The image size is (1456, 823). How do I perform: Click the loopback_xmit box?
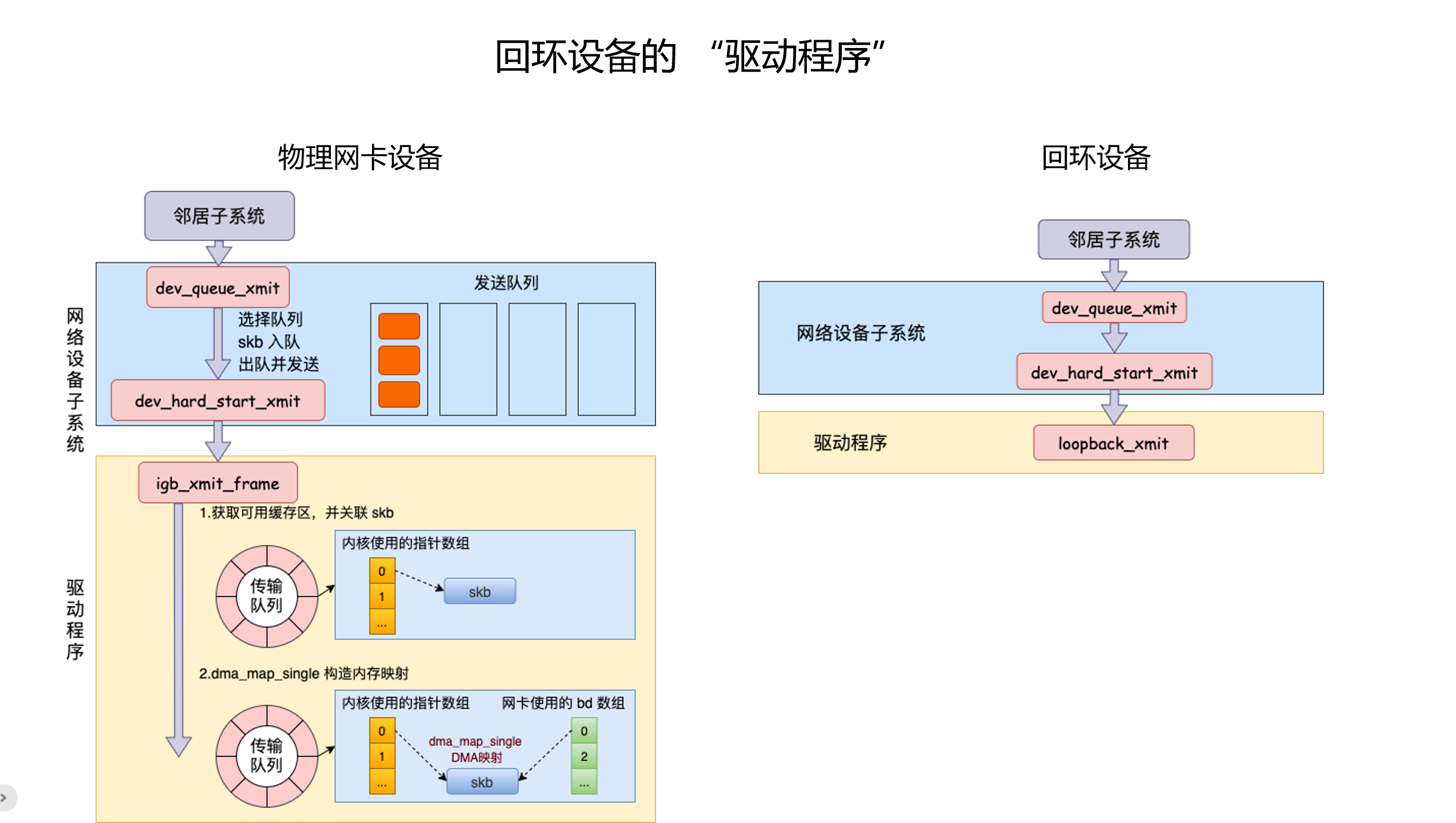pos(1113,443)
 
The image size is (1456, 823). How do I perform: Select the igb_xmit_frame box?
pos(218,483)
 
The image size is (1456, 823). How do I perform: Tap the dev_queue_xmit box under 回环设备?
pos(1114,308)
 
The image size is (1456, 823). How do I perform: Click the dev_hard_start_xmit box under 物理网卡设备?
pos(218,401)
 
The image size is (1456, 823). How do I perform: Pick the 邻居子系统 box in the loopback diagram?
pos(1114,239)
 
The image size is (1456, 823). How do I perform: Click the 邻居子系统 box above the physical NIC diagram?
pos(219,216)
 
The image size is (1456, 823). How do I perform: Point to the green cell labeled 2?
pos(584,756)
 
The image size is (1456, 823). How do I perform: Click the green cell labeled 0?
pos(584,731)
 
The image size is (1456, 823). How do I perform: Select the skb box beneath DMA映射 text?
pos(482,782)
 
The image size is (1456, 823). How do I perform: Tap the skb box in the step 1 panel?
pos(479,592)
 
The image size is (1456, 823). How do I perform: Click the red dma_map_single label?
pos(475,741)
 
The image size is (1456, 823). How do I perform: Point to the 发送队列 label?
pos(506,282)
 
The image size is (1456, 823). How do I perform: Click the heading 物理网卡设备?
pos(360,158)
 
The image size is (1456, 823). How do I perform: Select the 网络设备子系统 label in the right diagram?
pos(861,333)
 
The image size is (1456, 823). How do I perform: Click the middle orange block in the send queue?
pos(399,360)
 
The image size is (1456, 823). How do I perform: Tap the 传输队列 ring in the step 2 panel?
pos(267,756)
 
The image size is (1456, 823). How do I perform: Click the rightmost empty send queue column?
pos(606,359)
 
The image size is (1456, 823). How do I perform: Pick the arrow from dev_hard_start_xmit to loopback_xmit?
pos(1114,407)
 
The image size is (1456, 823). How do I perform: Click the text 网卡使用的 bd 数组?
pos(563,702)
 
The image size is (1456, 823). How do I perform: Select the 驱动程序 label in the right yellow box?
pos(850,442)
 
